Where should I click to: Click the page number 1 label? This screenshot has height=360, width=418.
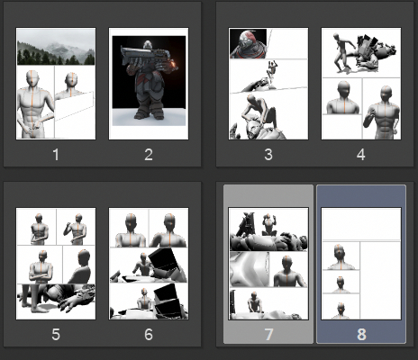tap(56, 155)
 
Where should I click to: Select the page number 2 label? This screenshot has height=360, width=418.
tap(149, 155)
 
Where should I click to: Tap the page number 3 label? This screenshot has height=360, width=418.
tap(268, 155)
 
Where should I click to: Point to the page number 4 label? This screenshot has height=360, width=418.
tap(361, 155)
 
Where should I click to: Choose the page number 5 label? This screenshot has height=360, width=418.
tap(56, 334)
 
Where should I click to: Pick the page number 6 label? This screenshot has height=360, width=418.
tap(149, 334)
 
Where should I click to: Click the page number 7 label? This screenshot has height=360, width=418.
tap(268, 334)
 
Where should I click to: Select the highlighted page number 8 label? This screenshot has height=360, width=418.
tap(361, 334)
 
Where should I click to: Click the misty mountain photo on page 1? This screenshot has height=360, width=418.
tap(56, 47)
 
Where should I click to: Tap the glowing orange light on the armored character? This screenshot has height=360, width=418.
tap(173, 64)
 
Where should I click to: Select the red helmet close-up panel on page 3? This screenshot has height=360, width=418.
tap(248, 43)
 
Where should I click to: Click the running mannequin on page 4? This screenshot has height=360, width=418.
tap(343, 53)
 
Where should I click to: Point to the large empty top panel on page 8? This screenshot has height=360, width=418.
tap(361, 224)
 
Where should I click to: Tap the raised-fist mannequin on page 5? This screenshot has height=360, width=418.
tap(76, 229)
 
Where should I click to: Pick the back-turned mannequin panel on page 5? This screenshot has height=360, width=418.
tap(78, 265)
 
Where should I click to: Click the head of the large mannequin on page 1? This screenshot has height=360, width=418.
tap(32, 78)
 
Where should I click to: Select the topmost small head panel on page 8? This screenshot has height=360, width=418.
tap(341, 256)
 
